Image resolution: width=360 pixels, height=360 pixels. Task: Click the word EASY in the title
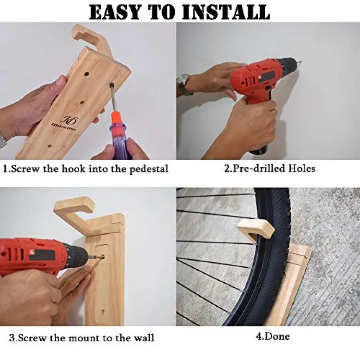pyautogui.click(x=114, y=12)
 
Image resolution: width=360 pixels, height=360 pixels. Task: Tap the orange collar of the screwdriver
pyautogui.click(x=117, y=122)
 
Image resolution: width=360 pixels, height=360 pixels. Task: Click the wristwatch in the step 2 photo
pyautogui.click(x=184, y=84)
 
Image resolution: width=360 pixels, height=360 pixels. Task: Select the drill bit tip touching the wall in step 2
pyautogui.click(x=300, y=62)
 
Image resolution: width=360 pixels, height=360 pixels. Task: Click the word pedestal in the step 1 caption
pyautogui.click(x=149, y=169)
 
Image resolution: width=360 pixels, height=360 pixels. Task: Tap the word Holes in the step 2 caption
pyautogui.click(x=301, y=168)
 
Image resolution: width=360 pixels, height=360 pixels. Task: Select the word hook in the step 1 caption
pyautogui.click(x=73, y=169)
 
